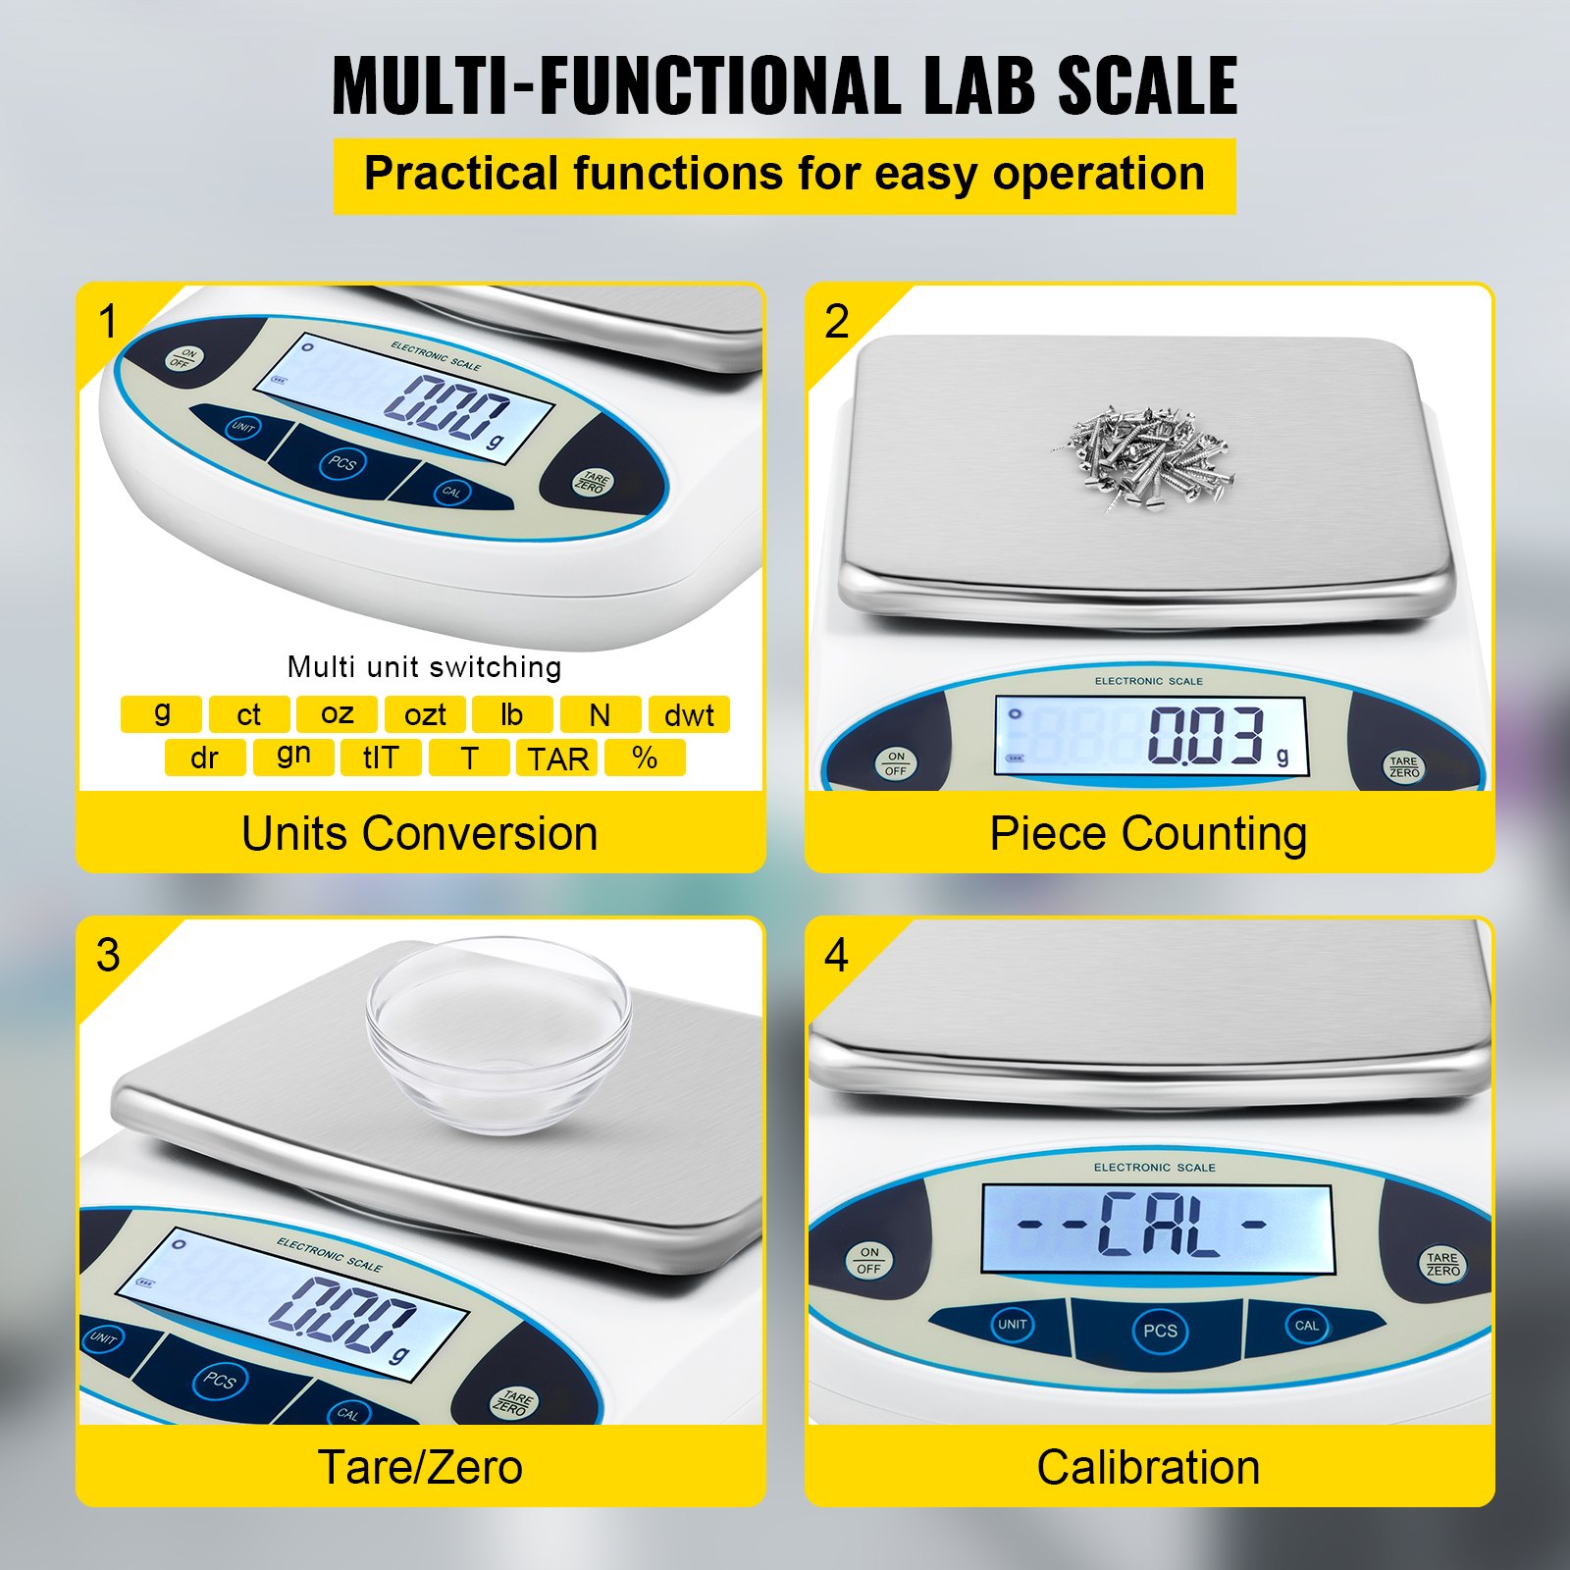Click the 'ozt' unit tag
pos(425,714)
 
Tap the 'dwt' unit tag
pos(689,714)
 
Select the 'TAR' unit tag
pos(557,758)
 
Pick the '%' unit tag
pos(645,758)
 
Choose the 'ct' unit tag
pos(249,714)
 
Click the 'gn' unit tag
pos(293,756)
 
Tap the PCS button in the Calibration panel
pos(1160,1331)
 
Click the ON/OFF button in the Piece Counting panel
pos(896,763)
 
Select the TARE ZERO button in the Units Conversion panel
pos(592,482)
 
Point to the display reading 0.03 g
pos(1150,736)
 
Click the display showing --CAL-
pos(1157,1228)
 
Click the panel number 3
pos(108,955)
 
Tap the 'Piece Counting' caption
pos(1148,834)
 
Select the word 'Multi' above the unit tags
pos(321,667)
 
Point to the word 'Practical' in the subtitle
pos(460,174)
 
